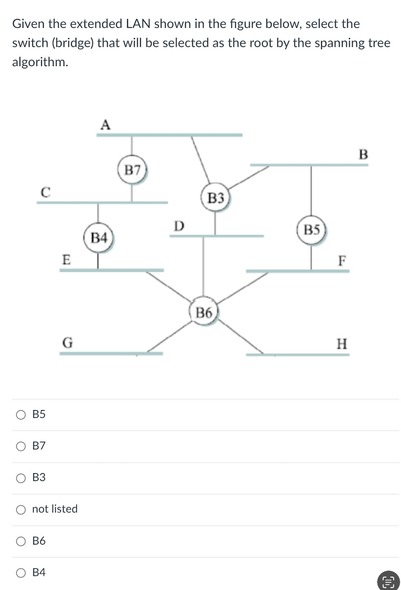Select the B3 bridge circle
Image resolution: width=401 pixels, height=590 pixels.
[x=216, y=198]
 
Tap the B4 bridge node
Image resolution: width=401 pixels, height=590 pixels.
[x=98, y=238]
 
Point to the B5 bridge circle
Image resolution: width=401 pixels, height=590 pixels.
[x=311, y=230]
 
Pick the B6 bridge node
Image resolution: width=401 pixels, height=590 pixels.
[x=204, y=313]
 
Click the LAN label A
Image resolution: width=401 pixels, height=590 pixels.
[x=105, y=125]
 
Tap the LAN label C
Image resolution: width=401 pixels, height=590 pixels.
[x=45, y=192]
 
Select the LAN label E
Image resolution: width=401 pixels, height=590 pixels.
[x=66, y=259]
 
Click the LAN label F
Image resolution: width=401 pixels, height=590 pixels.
[x=341, y=261]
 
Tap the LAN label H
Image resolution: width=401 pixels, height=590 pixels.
[x=342, y=344]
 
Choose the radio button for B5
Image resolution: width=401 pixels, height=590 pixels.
[x=21, y=414]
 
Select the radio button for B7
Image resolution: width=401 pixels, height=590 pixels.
[x=21, y=446]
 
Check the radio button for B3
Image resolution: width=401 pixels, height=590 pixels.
[x=21, y=478]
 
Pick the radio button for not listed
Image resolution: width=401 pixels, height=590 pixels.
[x=21, y=509]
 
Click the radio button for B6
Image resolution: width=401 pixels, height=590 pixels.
[x=21, y=541]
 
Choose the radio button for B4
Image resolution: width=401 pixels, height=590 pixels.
[x=21, y=573]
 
